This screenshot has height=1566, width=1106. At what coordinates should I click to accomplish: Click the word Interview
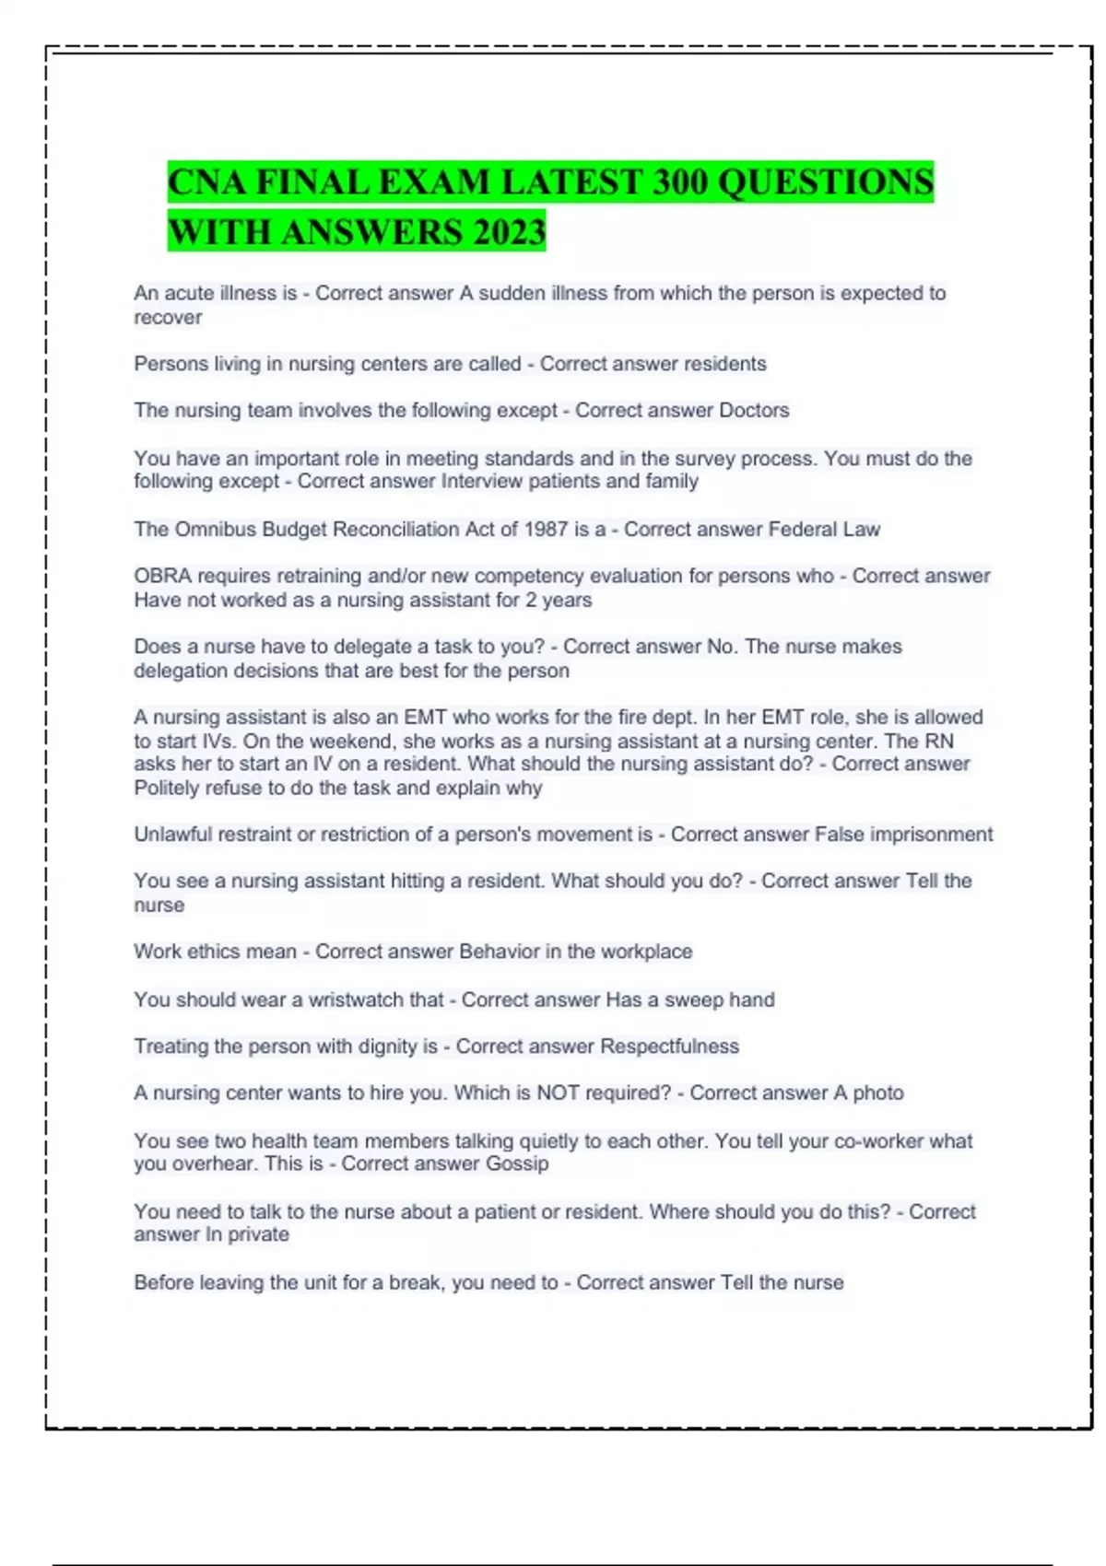(484, 481)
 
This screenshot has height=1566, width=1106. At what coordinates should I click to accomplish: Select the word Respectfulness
(669, 1046)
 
